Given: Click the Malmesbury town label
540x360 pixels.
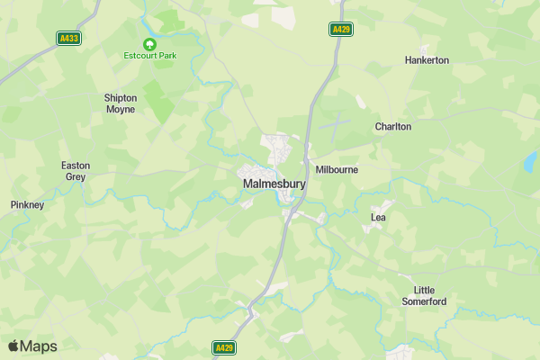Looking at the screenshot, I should [274, 184].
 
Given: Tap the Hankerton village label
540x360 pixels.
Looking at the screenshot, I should [427, 60].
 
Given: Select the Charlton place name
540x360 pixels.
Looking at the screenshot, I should [393, 127].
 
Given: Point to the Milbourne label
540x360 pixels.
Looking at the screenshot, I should [337, 169].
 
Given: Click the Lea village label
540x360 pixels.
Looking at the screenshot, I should [379, 217].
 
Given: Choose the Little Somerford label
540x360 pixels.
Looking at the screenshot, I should [429, 295].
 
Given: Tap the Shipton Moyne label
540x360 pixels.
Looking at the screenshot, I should [120, 103].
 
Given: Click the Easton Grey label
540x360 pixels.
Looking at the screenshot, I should [75, 171].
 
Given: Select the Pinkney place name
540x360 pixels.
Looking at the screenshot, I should [27, 205].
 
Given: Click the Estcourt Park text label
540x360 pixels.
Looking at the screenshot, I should [149, 56].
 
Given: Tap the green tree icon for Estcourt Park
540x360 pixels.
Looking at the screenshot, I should [149, 43].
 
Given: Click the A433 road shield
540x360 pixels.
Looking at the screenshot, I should [68, 38].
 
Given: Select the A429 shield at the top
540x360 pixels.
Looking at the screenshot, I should [340, 30].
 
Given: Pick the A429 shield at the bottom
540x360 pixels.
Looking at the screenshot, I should [224, 346].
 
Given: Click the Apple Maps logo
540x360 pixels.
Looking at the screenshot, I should [32, 346].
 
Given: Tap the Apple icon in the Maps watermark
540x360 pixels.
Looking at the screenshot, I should [13, 346].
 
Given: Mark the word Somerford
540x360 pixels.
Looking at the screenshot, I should [429, 301].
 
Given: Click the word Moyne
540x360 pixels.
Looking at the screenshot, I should [120, 110].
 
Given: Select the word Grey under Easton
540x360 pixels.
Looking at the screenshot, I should [75, 177].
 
